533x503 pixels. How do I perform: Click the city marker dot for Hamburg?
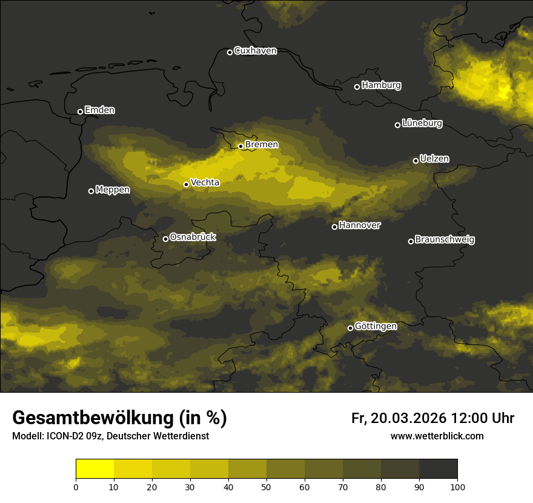(x=357, y=87)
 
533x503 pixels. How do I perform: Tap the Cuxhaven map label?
(x=255, y=51)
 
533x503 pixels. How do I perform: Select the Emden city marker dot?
(x=80, y=112)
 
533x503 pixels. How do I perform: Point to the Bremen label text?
(x=262, y=145)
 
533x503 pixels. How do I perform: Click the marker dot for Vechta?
(x=186, y=184)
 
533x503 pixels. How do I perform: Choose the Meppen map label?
(x=113, y=190)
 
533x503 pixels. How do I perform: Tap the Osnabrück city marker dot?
(x=165, y=239)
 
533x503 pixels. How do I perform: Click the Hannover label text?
(x=360, y=225)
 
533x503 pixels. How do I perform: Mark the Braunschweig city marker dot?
(x=411, y=241)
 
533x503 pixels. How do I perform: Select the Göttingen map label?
(x=376, y=327)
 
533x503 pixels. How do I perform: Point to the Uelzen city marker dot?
(x=415, y=161)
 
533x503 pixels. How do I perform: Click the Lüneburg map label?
(x=422, y=124)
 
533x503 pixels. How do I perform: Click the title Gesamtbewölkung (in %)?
(x=119, y=418)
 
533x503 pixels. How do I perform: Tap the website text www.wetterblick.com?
(x=437, y=436)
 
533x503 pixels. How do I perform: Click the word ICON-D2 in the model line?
(x=62, y=436)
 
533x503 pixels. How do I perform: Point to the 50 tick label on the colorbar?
(x=266, y=487)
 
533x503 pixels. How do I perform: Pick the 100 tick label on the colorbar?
(x=457, y=487)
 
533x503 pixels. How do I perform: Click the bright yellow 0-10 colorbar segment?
(x=94, y=469)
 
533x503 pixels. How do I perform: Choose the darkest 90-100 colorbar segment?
(x=438, y=469)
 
